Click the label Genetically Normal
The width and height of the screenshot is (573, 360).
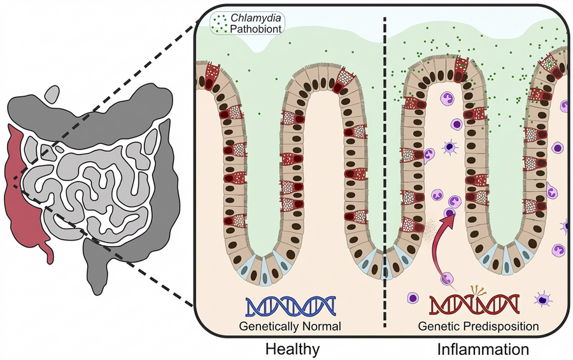[x=290, y=326]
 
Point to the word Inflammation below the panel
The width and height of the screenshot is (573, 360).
[x=483, y=349]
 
